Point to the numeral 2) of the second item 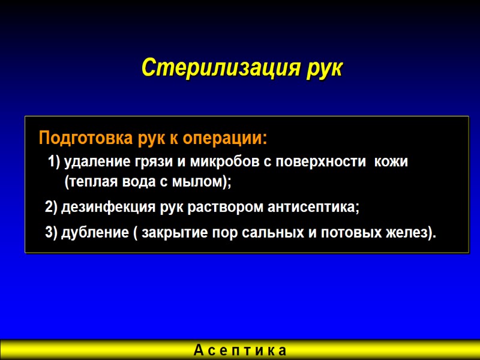point(52,208)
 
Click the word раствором point(226,208)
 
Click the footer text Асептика point(241,350)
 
